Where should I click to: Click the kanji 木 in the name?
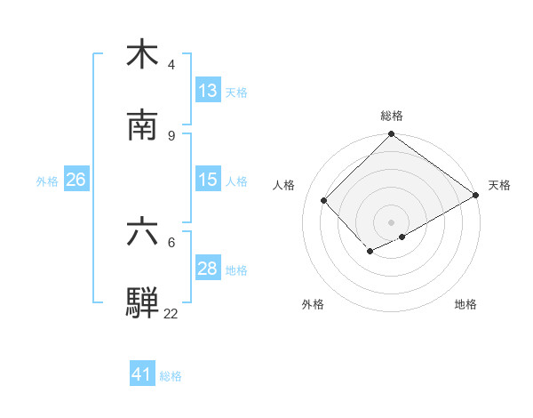tap(142, 53)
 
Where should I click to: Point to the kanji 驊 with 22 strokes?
tap(142, 303)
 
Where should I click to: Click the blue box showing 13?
tap(208, 91)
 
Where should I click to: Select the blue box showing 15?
tap(208, 180)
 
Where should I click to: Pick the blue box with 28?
tap(208, 269)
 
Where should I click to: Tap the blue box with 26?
tap(76, 180)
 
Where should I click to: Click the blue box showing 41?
tap(142, 374)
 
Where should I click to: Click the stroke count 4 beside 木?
tap(171, 65)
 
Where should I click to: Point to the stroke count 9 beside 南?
tap(171, 136)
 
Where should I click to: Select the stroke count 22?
tap(171, 314)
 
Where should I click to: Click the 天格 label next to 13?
tap(236, 92)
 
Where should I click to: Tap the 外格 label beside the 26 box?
tap(47, 181)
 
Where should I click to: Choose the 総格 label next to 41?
tap(171, 375)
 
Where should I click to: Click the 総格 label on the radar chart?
tap(392, 116)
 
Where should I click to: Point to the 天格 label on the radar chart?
tap(499, 185)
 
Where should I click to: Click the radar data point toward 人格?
tap(324, 200)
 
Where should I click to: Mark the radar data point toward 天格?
tap(476, 195)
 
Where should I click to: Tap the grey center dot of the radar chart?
tap(392, 221)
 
